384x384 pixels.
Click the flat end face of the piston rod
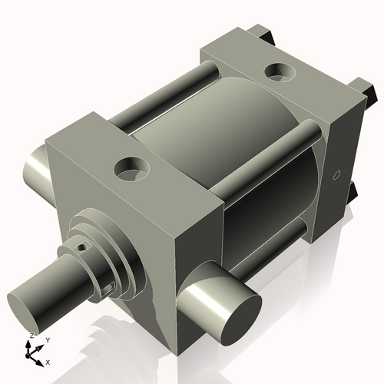click(x=25, y=304)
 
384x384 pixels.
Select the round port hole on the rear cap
click(x=276, y=73)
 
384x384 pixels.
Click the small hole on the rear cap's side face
click(x=336, y=176)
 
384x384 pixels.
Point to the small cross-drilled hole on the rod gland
click(x=84, y=247)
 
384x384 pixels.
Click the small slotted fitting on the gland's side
click(x=108, y=288)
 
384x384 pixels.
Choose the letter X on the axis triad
click(x=48, y=361)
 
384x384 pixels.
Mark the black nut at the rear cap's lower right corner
click(x=354, y=192)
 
